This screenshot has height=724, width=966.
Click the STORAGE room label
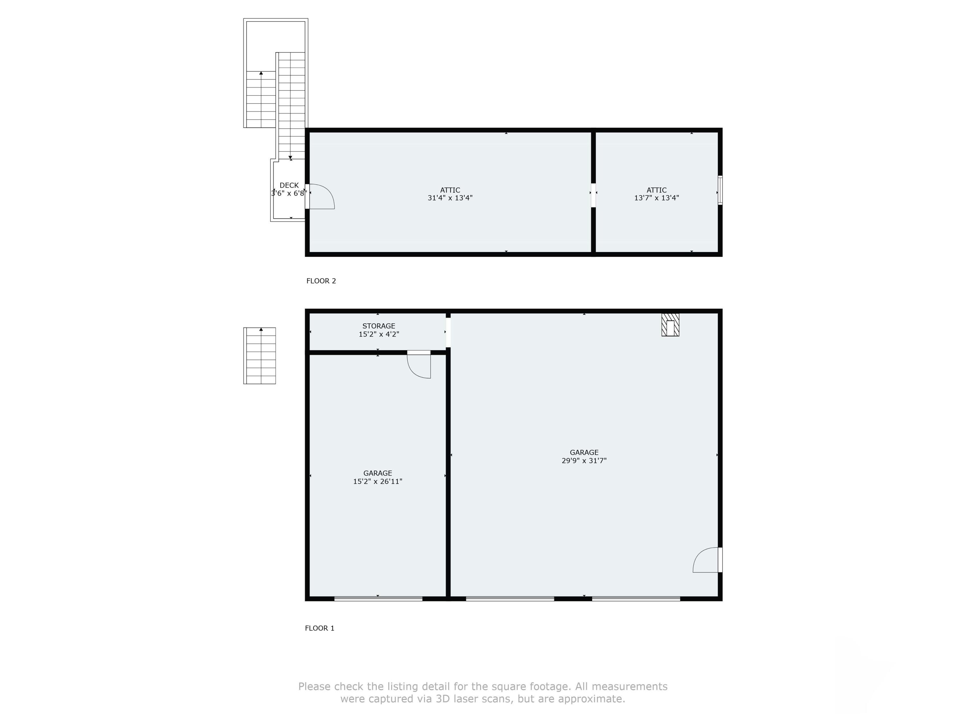tap(379, 326)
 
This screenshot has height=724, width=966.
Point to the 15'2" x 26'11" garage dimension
tap(377, 481)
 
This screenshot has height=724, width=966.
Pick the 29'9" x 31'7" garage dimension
tap(584, 460)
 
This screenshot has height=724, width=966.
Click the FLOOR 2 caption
tap(321, 281)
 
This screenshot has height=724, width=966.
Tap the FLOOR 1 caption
tap(319, 628)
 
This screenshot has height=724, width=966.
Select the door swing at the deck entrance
tap(322, 197)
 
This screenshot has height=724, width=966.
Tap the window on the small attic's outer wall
tap(720, 190)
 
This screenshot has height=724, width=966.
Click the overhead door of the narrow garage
tap(378, 599)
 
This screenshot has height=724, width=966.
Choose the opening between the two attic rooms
tap(593, 195)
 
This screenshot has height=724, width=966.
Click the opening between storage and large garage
tap(448, 332)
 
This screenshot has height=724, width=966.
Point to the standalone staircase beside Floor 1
tap(260, 356)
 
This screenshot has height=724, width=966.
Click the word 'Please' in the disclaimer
tap(314, 686)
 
